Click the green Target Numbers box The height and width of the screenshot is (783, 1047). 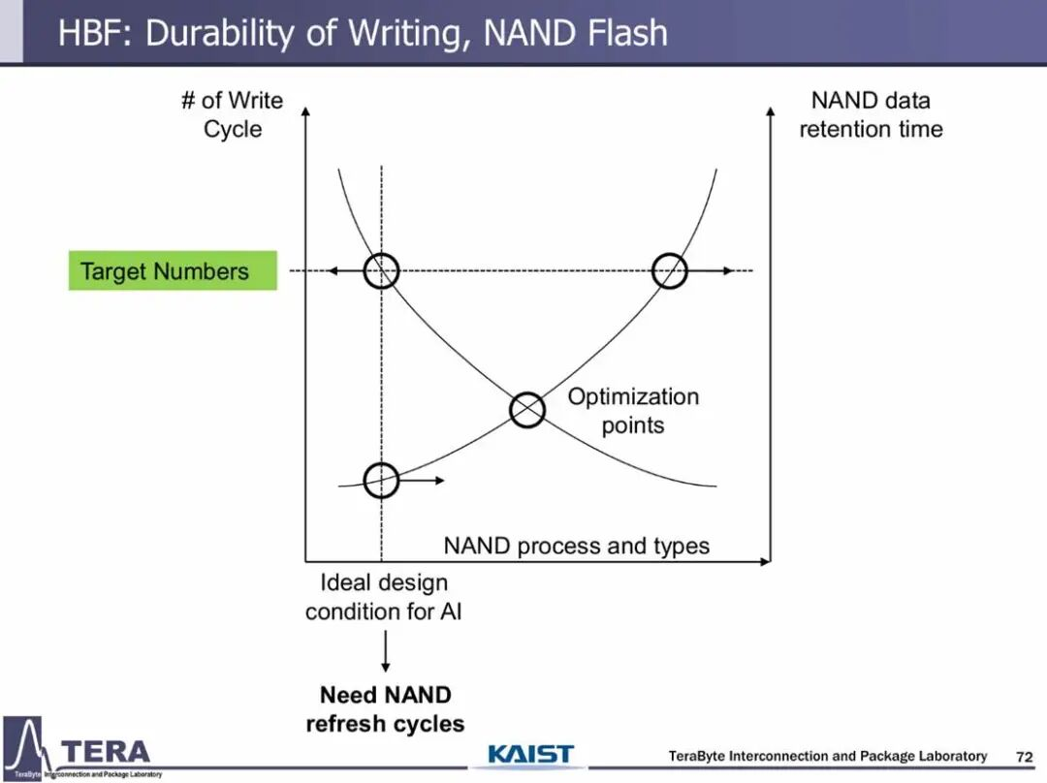173,271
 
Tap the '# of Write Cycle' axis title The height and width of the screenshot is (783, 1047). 233,114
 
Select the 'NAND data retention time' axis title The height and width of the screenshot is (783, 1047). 871,114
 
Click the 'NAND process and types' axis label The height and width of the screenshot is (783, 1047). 576,546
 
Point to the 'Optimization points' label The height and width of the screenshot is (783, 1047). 633,411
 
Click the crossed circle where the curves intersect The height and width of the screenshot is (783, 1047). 527,410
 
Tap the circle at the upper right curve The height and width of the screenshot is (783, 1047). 670,271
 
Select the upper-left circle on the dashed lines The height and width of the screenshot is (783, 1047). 381,271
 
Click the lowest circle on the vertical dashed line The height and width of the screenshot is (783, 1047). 381,480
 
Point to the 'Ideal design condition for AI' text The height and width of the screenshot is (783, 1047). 384,597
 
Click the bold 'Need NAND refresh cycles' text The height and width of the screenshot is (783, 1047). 385,709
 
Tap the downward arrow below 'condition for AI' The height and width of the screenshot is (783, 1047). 386,651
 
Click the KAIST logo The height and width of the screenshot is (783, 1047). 530,755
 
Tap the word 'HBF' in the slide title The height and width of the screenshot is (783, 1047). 92,33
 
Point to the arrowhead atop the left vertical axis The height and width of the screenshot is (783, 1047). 306,111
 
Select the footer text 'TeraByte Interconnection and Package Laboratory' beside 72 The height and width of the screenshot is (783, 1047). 828,756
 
